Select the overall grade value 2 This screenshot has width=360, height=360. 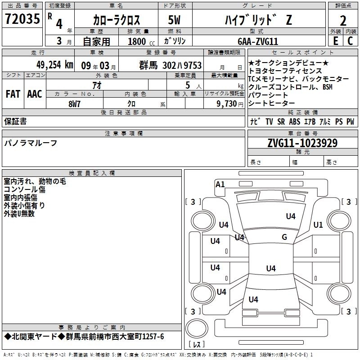343,20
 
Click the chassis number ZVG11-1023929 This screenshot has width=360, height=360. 302,143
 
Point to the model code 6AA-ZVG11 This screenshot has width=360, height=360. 257,41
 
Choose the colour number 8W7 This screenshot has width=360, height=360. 74,103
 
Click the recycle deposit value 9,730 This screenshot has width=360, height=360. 224,103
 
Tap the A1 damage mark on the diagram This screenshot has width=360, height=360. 220,184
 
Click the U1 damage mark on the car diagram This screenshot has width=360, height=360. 318,225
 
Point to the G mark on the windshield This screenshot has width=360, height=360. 284,237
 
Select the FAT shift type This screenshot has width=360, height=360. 13,94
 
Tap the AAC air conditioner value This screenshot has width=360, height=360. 35,94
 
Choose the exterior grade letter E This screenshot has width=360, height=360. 335,41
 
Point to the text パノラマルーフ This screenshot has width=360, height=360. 31,143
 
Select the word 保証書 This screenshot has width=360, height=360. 15,121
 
